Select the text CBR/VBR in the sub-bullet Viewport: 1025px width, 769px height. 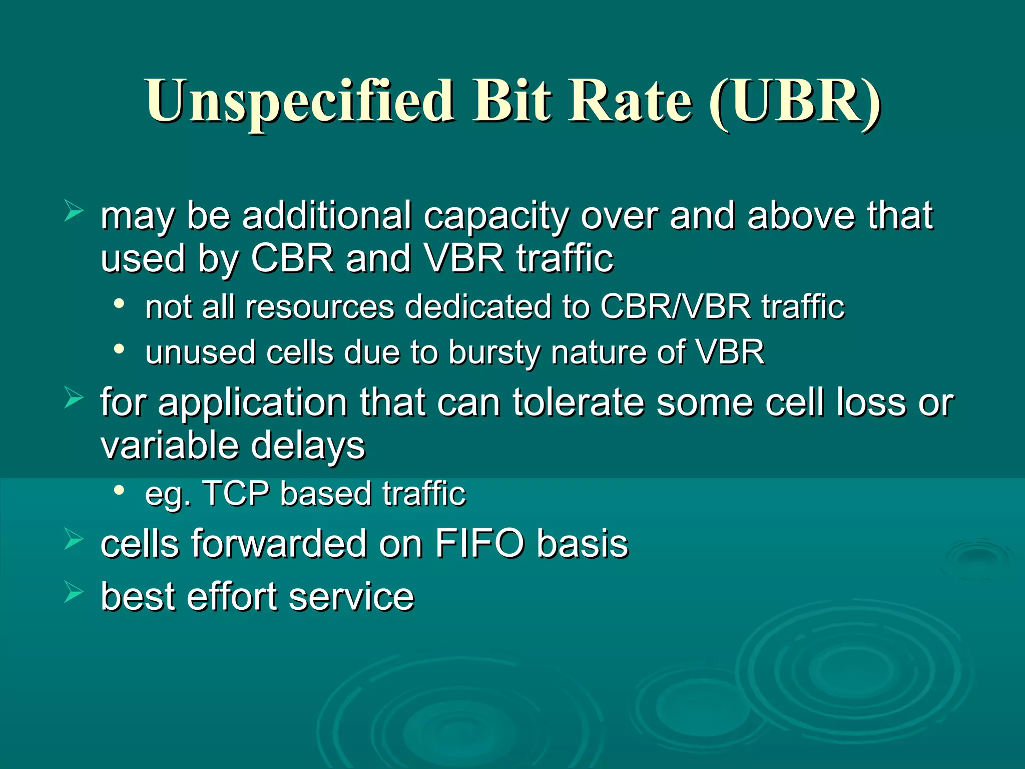pyautogui.click(x=675, y=306)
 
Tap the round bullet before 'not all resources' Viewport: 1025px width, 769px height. pyautogui.click(x=119, y=304)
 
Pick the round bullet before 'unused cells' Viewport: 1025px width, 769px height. pyautogui.click(x=119, y=349)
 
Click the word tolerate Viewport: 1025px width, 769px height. pyautogui.click(x=578, y=403)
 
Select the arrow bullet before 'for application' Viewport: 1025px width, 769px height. pyautogui.click(x=74, y=399)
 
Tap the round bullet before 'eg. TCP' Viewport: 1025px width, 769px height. pyautogui.click(x=119, y=491)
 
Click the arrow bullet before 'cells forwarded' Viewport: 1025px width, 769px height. pyautogui.click(x=74, y=540)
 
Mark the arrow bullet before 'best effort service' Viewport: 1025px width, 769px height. pyautogui.click(x=74, y=593)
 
